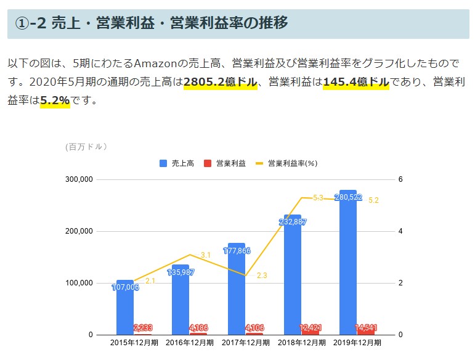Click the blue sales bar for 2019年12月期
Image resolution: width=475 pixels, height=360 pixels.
(x=347, y=265)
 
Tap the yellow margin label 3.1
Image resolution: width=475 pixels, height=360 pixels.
(x=206, y=255)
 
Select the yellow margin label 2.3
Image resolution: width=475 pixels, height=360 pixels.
(x=262, y=276)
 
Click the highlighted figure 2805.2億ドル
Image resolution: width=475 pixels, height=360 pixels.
(x=220, y=81)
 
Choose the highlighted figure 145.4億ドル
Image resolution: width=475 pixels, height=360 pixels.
(x=355, y=81)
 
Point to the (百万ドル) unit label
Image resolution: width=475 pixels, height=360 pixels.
(x=87, y=146)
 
